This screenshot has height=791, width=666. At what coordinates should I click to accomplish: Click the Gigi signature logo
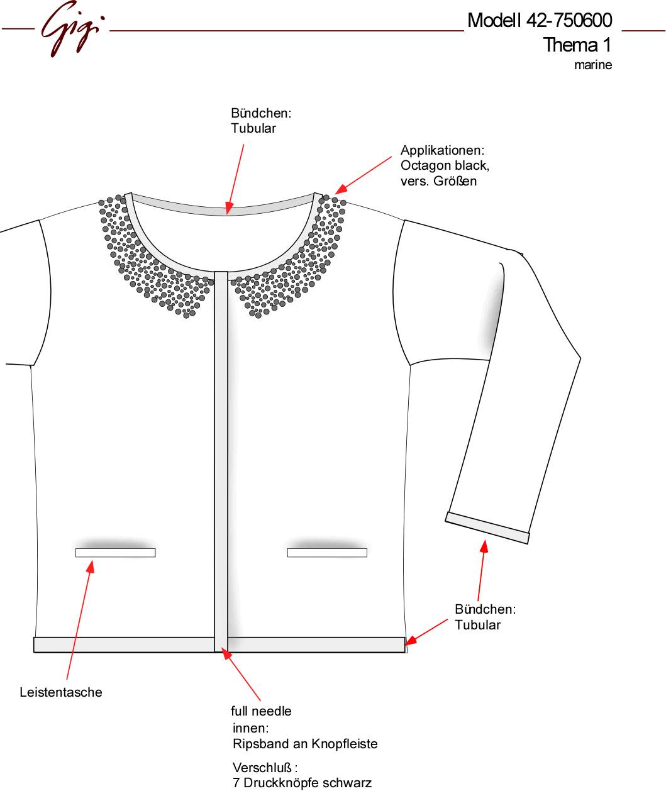72,28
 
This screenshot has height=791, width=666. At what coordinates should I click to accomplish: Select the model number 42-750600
569,21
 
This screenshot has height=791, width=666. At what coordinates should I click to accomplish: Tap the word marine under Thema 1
593,65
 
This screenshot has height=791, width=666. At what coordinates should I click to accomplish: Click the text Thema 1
577,45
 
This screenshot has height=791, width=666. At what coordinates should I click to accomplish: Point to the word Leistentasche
61,692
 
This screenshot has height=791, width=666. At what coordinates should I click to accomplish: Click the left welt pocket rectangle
116,553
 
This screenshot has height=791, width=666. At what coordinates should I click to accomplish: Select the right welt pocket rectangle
327,553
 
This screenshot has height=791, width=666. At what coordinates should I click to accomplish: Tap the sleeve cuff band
487,528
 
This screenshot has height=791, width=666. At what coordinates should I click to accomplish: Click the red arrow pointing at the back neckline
235,179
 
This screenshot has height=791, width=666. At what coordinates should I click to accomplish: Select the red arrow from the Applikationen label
364,175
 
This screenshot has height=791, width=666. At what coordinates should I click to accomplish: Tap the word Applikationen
443,150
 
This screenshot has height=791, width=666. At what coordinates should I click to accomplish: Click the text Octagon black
445,165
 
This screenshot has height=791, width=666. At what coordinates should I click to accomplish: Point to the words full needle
262,711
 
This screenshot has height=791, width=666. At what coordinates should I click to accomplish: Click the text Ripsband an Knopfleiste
305,744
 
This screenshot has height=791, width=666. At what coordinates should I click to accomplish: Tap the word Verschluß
262,768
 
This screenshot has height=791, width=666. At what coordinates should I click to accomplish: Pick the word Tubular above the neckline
253,128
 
